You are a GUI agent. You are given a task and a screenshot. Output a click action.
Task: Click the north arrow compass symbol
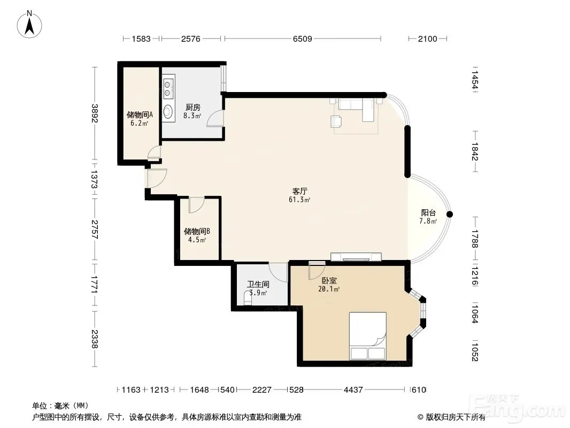click(29, 25)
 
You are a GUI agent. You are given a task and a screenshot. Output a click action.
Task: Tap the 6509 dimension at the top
click(303, 39)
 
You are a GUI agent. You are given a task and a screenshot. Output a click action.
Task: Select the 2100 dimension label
click(428, 39)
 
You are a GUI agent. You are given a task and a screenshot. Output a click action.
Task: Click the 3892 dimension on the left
click(95, 113)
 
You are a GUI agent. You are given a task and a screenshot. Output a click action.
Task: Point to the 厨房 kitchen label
click(192, 108)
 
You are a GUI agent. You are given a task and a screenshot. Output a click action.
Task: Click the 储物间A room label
click(140, 115)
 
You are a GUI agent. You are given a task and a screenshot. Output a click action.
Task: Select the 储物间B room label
click(197, 231)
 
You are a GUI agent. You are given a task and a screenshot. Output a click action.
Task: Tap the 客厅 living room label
click(300, 192)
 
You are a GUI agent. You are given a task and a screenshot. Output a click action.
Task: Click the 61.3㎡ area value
click(299, 200)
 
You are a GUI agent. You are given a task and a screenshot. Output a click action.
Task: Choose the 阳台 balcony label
click(428, 213)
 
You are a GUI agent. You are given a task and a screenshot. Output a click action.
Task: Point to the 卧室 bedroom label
click(329, 281)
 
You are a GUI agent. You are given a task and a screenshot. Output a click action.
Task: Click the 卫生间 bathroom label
click(258, 285)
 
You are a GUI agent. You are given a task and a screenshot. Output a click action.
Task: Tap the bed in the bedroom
click(367, 336)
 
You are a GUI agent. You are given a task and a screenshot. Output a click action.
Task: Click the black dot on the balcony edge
click(450, 215)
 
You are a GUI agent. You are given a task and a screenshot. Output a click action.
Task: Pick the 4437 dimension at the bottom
click(353, 390)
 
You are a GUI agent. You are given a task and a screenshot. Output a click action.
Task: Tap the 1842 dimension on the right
click(475, 151)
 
